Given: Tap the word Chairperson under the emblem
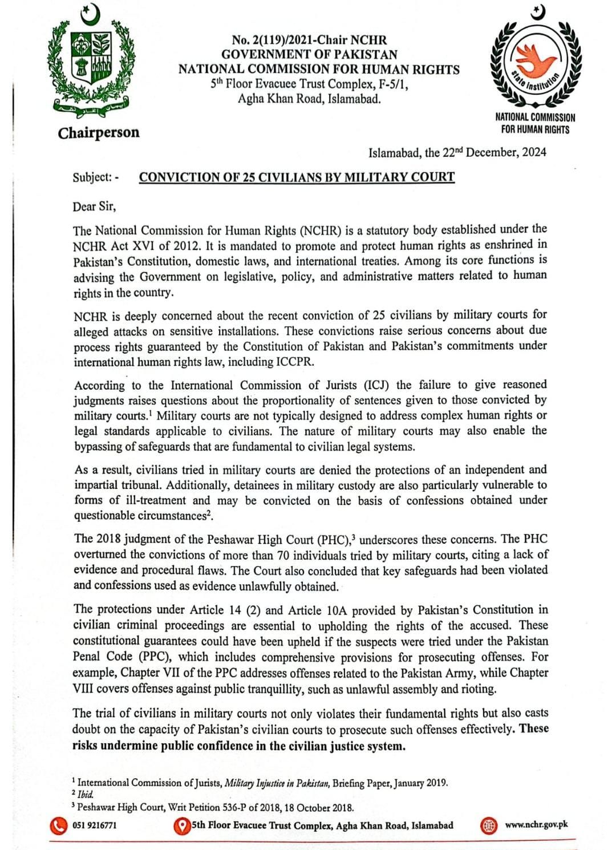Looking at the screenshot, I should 98,133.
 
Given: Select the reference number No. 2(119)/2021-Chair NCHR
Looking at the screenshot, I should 309,40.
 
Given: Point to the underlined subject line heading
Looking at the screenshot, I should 297,177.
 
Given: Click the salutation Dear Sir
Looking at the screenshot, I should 94,207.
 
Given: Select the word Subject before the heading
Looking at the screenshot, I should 92,177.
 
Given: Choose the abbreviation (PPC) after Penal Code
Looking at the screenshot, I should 155,657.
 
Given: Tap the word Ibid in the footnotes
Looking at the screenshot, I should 86,794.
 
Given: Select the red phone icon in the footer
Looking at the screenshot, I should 58,825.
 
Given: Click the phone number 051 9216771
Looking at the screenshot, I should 95,825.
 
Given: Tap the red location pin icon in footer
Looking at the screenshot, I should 182,825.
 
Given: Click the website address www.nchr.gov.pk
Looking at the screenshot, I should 536,824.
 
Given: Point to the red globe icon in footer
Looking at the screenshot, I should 488,825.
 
